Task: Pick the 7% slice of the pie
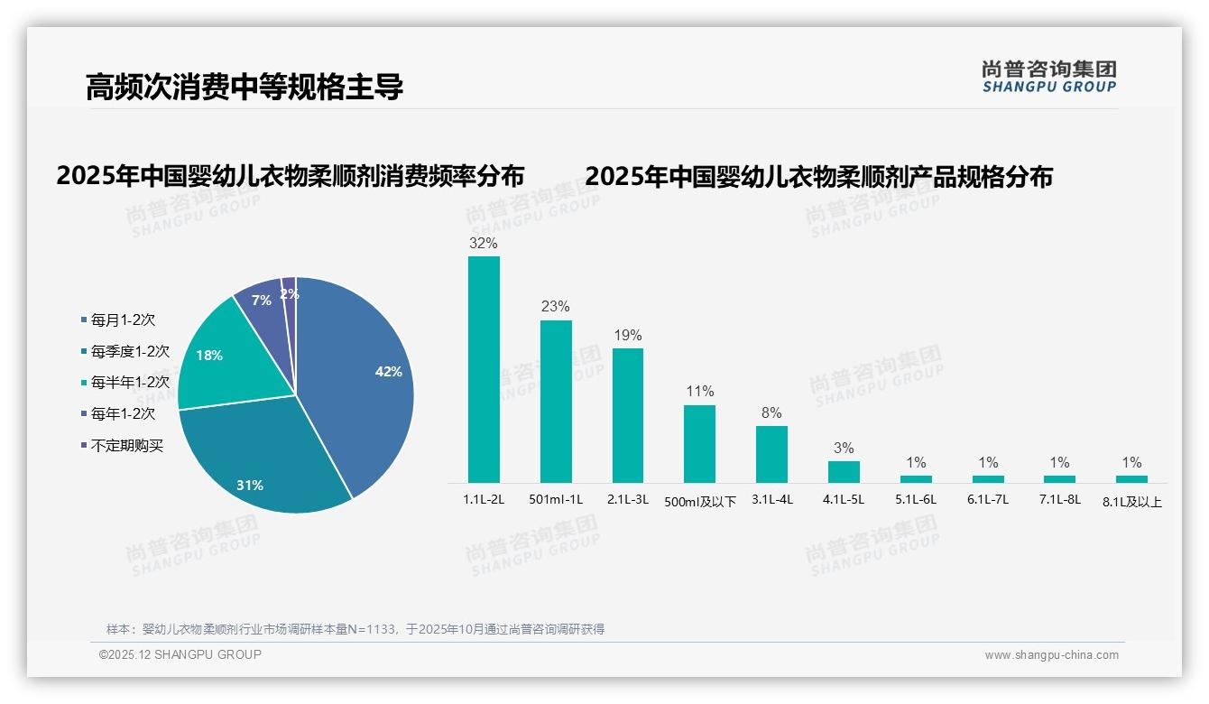coord(262,302)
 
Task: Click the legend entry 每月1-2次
coord(123,320)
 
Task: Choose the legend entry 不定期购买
coord(126,446)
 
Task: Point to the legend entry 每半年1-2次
coord(130,383)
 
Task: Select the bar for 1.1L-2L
coord(484,370)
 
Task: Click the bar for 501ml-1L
coord(556,402)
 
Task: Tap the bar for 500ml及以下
coord(699,444)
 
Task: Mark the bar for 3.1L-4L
coord(771,454)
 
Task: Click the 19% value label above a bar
coord(628,336)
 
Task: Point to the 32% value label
coord(484,244)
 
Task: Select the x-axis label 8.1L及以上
coord(1132,503)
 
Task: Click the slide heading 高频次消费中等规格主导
coord(244,88)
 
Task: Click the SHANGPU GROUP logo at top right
coord(1049,77)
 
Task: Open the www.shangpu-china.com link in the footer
coord(1051,655)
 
